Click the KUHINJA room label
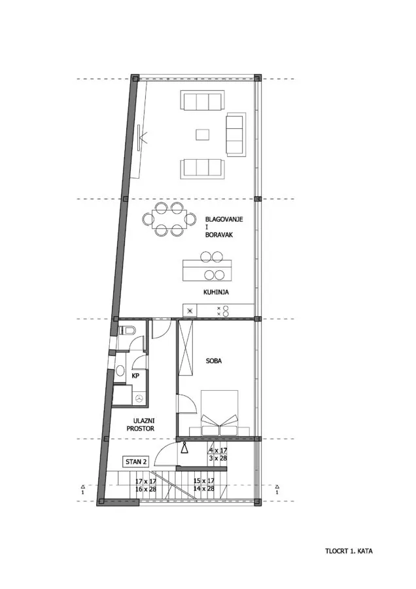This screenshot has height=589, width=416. [216, 292]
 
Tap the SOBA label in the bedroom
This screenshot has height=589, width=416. [214, 361]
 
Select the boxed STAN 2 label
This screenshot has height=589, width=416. [136, 461]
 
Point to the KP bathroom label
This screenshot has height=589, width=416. [135, 375]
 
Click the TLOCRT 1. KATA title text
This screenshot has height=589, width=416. [349, 551]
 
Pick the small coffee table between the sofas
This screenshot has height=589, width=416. [203, 134]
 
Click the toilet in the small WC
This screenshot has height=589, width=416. [126, 330]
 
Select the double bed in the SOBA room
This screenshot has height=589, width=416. [219, 413]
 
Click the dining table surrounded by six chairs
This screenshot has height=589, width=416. [169, 219]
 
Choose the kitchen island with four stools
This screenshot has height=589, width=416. [207, 270]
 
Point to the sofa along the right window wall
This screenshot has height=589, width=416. [235, 134]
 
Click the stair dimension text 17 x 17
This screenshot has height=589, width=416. [146, 481]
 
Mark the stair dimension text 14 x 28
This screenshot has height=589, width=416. [204, 489]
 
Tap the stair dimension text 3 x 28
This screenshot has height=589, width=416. [217, 458]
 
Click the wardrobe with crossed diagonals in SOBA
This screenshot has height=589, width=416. [186, 348]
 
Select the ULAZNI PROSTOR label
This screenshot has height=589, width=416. [141, 425]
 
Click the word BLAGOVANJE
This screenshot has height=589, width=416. [224, 219]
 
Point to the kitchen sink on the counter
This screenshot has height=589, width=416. [190, 310]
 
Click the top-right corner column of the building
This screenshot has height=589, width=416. [257, 79]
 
